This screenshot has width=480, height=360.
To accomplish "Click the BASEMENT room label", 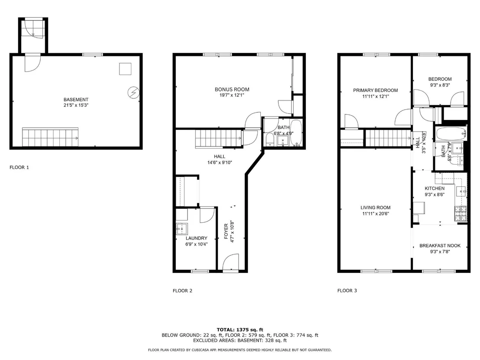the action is [76, 100].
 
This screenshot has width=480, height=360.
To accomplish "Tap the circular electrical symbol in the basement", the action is [133, 92].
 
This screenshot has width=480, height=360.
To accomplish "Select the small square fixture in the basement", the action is [125, 69].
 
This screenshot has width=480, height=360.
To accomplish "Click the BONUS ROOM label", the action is [232, 89].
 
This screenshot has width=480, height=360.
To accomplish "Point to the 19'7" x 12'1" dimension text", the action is [232, 95].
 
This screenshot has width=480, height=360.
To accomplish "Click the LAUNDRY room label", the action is [197, 238].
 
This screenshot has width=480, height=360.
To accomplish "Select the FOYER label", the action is [226, 231].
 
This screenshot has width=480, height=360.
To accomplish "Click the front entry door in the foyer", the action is [230, 263].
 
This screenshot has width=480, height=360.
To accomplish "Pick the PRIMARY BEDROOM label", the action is [376, 90].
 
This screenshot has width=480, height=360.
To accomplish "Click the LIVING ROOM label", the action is [375, 208].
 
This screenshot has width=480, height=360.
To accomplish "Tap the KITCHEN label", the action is [435, 188].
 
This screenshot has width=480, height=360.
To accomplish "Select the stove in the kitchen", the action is [461, 214].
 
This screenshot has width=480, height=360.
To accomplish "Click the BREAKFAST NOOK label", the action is [440, 246].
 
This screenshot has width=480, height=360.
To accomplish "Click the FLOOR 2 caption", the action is [182, 291].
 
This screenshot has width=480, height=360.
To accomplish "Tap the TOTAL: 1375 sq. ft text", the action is [240, 330].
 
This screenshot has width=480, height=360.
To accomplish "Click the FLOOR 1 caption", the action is [19, 168].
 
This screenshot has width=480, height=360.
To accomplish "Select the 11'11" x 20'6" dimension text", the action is [375, 214].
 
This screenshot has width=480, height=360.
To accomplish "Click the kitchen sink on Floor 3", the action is [461, 191].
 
